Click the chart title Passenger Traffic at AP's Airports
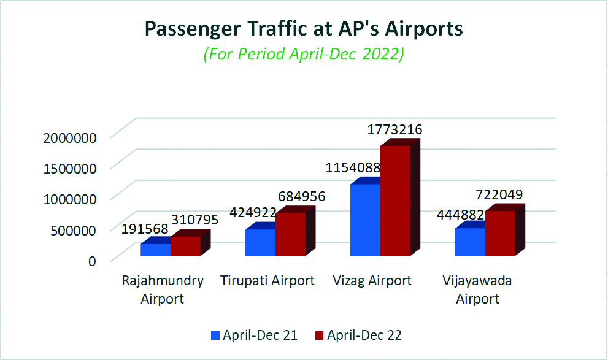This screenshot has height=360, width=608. pyautogui.click(x=304, y=29)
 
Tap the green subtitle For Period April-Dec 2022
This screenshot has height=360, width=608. pyautogui.click(x=304, y=54)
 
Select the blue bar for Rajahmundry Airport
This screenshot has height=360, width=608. pyautogui.click(x=155, y=249)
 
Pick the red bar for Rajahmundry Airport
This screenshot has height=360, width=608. pyautogui.click(x=186, y=245)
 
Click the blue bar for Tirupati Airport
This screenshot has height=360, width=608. pyautogui.click(x=260, y=242)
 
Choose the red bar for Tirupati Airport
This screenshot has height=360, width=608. pyautogui.click(x=290, y=234)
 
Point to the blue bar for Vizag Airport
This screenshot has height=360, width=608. pyautogui.click(x=365, y=220)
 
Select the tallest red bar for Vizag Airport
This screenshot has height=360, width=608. pyautogui.click(x=395, y=201)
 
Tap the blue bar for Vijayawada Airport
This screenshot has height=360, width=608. pyautogui.click(x=470, y=242)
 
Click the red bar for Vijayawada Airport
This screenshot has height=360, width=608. pyautogui.click(x=500, y=233)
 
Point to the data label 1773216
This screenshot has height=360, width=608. pyautogui.click(x=395, y=130)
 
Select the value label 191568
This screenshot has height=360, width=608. pyautogui.click(x=145, y=229)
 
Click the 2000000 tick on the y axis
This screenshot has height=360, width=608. pyautogui.click(x=70, y=137)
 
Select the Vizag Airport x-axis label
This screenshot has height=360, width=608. pyautogui.click(x=372, y=281)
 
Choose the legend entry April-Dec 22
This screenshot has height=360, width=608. pyautogui.click(x=359, y=335)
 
